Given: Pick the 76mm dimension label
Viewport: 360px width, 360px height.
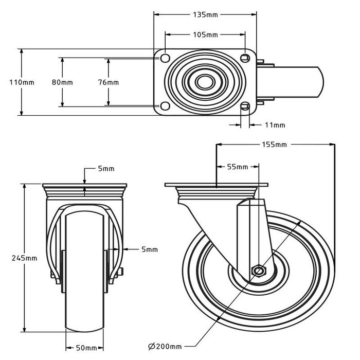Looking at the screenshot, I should tap(109, 82).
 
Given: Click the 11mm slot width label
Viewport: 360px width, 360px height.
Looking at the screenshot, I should tap(275, 125).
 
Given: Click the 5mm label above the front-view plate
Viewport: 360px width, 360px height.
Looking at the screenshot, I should tap(106, 169).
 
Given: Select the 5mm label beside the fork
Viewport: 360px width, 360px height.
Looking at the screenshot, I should tap(150, 249).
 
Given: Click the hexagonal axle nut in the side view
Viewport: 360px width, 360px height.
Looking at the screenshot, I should tap(258, 271).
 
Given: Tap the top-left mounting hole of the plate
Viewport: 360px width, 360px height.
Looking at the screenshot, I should tap(165, 57).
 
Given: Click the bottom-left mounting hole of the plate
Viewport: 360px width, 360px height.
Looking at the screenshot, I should tap(165, 106).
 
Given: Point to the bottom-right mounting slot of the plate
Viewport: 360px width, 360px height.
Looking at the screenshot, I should tap(245, 107).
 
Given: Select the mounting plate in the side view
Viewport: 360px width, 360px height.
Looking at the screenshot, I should tap(217, 185).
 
